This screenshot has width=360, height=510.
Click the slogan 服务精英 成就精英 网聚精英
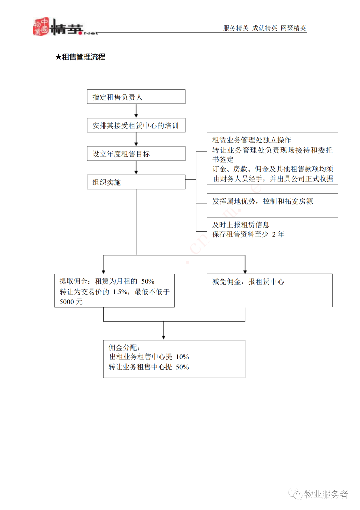click(264, 28)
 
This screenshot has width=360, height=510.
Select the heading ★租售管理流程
click(80, 57)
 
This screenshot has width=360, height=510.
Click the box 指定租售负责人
click(136, 97)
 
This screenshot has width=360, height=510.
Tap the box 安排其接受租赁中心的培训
click(136, 125)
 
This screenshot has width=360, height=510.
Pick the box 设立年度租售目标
click(136, 154)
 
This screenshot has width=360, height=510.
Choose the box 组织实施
click(136, 182)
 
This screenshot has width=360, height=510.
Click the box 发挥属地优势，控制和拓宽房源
click(272, 201)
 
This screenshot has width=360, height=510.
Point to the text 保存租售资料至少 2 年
click(248, 234)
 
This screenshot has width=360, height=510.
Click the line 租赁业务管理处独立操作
click(252, 139)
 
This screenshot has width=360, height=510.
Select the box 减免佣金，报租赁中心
click(270, 291)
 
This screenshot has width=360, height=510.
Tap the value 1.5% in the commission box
click(120, 292)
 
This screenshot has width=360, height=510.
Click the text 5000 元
click(71, 302)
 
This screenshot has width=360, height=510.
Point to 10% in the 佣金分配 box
click(182, 357)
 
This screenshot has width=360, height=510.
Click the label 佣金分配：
click(124, 348)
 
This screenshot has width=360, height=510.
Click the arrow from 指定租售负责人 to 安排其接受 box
click(136, 111)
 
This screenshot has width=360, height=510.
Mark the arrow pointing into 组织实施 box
click(136, 167)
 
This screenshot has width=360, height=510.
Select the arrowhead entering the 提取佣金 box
click(104, 272)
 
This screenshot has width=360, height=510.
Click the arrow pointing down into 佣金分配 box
click(164, 330)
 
